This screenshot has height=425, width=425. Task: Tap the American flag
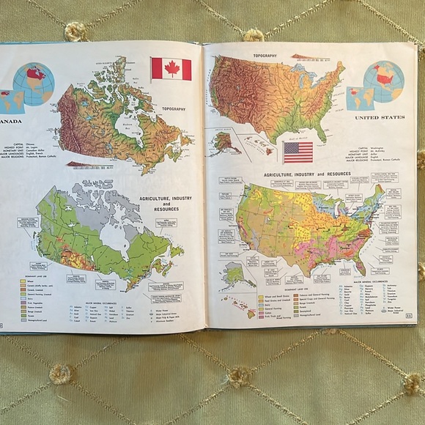pyautogui.click(x=297, y=152)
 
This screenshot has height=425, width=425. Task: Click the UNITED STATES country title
pyautogui.click(x=379, y=117)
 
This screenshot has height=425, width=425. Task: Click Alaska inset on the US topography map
pyautogui.click(x=226, y=141)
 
